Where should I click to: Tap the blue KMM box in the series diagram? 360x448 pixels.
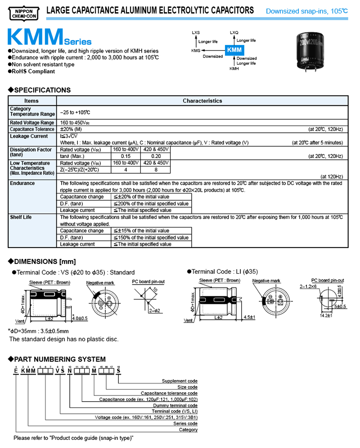pyautogui.click(x=234, y=50)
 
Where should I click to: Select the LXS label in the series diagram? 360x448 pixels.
pyautogui.click(x=196, y=33)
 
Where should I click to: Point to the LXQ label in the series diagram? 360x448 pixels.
pyautogui.click(x=234, y=33)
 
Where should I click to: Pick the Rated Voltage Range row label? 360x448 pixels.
pyautogui.click(x=32, y=122)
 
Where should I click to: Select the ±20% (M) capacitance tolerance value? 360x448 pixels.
pyautogui.click(x=71, y=129)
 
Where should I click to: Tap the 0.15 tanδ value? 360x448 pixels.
pyautogui.click(x=126, y=156)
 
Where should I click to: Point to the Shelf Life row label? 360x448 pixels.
pyautogui.click(x=21, y=217)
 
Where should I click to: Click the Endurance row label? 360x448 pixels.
pyautogui.click(x=22, y=183)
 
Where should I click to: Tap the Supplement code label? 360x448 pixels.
pyautogui.click(x=180, y=381)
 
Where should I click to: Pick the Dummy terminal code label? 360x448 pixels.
pyautogui.click(x=173, y=405)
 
